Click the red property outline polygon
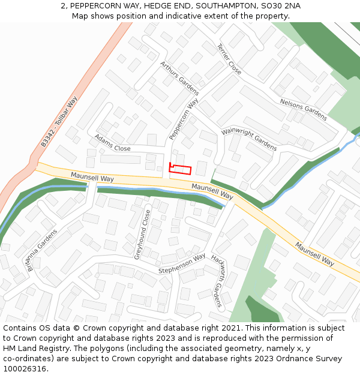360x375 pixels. [x=180, y=169]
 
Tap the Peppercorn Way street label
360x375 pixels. [x=184, y=121]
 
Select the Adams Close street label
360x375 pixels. [x=112, y=143]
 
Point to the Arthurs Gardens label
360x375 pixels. [x=179, y=79]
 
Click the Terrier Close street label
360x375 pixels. [x=229, y=59]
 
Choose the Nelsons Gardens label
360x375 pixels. [x=303, y=110]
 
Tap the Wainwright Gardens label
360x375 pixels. [x=249, y=139]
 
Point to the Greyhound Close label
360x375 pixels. [x=142, y=234]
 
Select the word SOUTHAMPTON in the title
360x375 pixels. [x=230, y=6]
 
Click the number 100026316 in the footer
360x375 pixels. [x=26, y=369]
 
